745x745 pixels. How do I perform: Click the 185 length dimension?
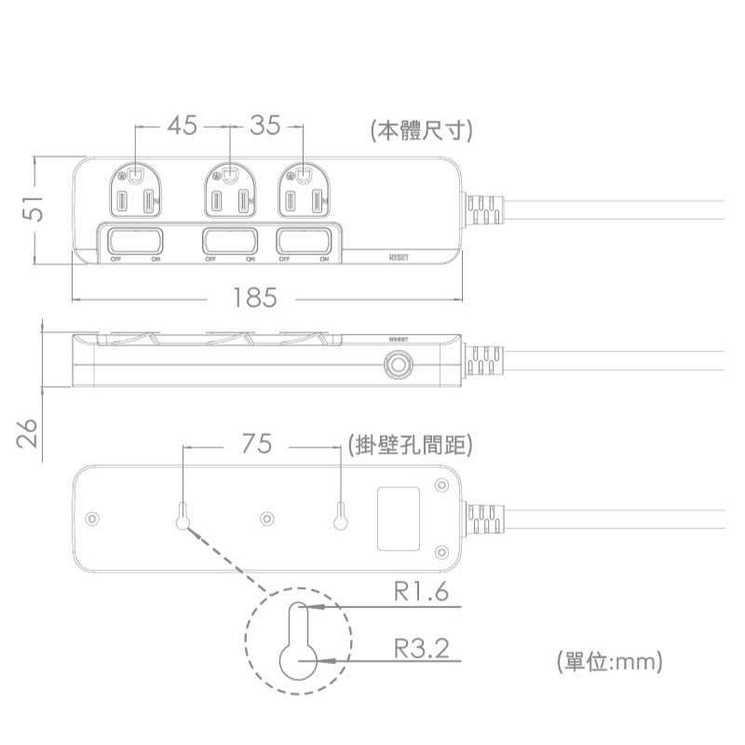tap(255, 298)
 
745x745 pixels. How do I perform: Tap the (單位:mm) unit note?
tap(609, 662)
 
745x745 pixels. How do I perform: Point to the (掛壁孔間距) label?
tap(409, 445)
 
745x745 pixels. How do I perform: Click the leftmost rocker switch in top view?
tap(135, 240)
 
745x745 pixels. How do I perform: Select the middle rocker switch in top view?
tap(229, 240)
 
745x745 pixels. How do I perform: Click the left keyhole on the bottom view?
tap(183, 515)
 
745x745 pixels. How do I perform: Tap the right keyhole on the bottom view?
tap(341, 515)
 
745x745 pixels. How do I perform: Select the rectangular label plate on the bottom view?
tap(398, 519)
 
